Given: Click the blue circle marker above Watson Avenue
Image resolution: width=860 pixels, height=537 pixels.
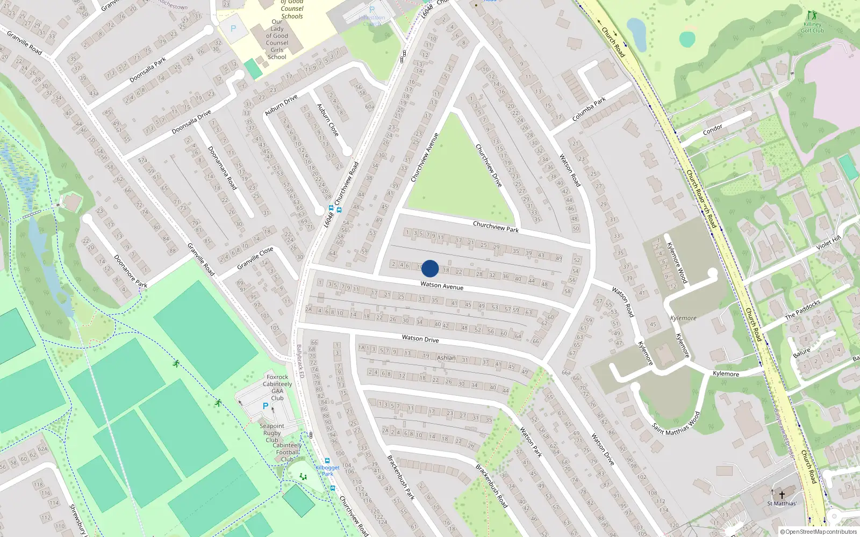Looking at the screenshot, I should coord(430,268).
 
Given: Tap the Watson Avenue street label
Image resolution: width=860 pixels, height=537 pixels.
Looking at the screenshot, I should coord(442,286).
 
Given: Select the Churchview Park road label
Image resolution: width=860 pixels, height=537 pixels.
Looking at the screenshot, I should coord(496,227).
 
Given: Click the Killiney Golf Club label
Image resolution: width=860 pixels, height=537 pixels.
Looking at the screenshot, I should coord(812,27).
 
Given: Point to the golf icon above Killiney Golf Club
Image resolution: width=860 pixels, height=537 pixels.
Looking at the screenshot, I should coord(811,15).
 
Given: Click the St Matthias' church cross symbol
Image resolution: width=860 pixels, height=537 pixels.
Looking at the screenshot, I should coord(782,495).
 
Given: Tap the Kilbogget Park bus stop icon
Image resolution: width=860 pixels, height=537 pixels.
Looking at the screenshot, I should coord(327,461).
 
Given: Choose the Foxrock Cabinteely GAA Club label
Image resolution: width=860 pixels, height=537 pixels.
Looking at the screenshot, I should coord(277,387).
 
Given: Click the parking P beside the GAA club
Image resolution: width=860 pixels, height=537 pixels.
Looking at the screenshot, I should coord(265,407).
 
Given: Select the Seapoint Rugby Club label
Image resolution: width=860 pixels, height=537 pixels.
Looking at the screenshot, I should coord(272,433).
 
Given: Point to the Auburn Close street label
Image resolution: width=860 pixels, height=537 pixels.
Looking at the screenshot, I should coord(328,120).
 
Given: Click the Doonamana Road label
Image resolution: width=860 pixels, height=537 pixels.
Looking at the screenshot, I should coord(223,168).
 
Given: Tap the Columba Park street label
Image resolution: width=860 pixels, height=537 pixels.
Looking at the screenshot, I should coord(589,109).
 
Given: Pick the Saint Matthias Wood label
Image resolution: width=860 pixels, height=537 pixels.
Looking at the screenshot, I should coord(676,424).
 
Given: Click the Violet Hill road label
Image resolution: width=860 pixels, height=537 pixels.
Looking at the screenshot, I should coord(828,244).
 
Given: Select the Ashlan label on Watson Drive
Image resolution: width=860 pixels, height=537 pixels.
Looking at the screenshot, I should coord(446,358).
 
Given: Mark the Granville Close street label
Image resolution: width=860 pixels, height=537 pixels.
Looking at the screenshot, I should coord(255,258).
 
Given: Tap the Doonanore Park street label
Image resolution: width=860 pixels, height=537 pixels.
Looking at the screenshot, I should coord(131,271).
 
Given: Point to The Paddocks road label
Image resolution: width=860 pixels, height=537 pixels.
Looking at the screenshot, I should coord(802,310).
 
